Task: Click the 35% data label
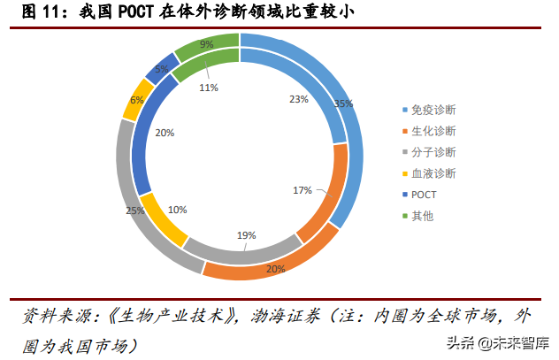pyautogui.click(x=343, y=103)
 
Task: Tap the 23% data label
pyautogui.click(x=298, y=99)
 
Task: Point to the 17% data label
pyautogui.click(x=302, y=190)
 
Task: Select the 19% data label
pyautogui.click(x=246, y=235)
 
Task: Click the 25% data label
pyautogui.click(x=134, y=211)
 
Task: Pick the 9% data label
pyautogui.click(x=206, y=43)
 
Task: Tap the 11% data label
pyautogui.click(x=209, y=88)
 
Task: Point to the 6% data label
pyautogui.click(x=136, y=101)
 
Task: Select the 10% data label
pyautogui.click(x=177, y=210)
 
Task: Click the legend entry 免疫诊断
pyautogui.click(x=433, y=110)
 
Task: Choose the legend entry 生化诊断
pyautogui.click(x=433, y=131)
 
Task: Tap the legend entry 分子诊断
pyautogui.click(x=433, y=152)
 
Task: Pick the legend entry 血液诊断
pyautogui.click(x=433, y=173)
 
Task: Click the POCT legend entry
pyautogui.click(x=425, y=195)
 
